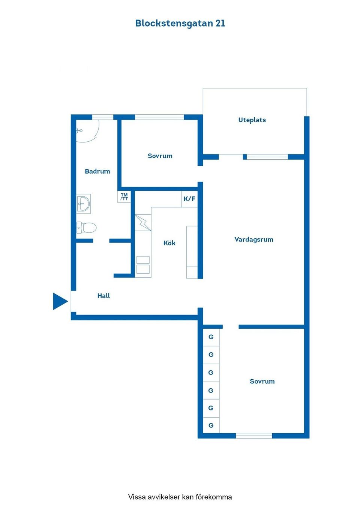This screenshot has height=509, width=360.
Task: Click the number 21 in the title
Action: click(220, 23)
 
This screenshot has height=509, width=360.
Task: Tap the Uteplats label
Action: click(252, 120)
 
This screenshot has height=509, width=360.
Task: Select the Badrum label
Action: click(97, 171)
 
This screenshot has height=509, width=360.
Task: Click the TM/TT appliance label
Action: click(124, 197)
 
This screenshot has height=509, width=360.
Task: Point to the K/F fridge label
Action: click(189, 199)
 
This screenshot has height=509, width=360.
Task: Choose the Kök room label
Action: click(169, 243)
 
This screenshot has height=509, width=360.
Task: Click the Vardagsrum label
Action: click(254, 240)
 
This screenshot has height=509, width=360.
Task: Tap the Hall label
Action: click(103, 296)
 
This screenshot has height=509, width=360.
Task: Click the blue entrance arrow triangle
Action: click(59, 301)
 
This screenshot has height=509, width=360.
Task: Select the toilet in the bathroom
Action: click(87, 228)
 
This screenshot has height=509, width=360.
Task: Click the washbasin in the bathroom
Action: click(84, 204)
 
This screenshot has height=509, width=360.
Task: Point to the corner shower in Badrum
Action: click(86, 131)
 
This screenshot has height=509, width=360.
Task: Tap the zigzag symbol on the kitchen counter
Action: click(143, 223)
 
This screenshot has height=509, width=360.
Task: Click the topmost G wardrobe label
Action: click(211, 337)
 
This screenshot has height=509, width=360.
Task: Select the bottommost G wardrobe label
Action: click(211, 425)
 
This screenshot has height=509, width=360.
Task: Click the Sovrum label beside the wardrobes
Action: click(262, 382)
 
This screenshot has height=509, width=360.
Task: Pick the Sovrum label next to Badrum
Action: click(160, 156)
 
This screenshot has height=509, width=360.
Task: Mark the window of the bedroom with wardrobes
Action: click(254, 436)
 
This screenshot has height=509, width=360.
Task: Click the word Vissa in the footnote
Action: click(137, 497)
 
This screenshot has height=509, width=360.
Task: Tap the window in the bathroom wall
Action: click(103, 117)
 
